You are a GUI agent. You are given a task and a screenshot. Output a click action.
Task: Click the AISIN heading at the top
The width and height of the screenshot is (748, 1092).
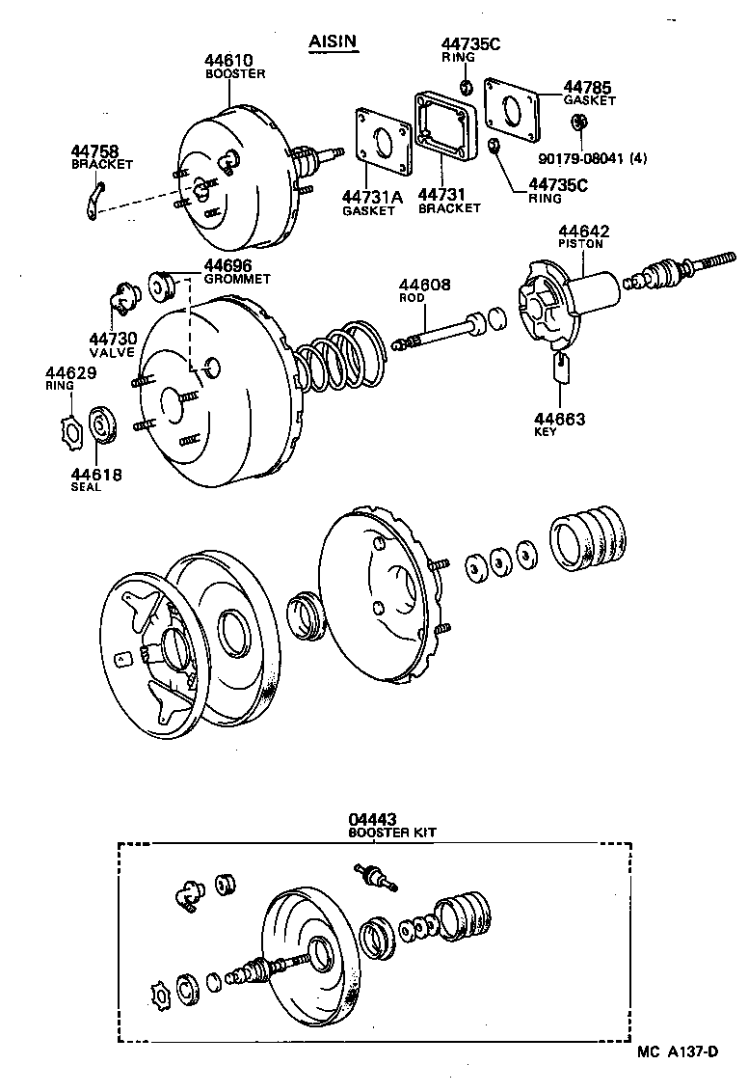pos(333,41)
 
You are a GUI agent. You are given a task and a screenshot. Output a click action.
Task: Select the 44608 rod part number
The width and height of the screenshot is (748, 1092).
pos(424,285)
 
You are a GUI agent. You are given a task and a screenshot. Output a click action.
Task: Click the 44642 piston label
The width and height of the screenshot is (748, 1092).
pos(582,232)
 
